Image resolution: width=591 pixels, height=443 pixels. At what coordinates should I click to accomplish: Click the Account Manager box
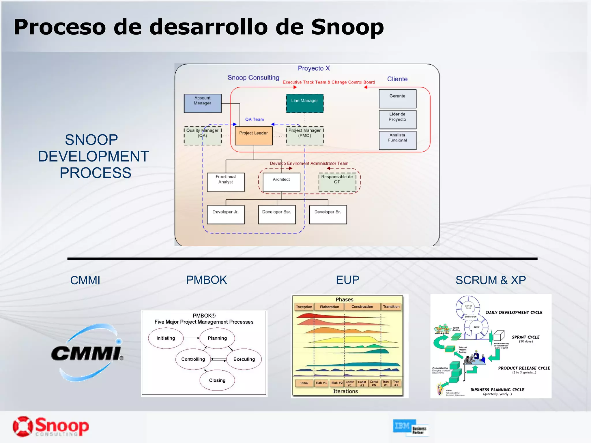coord(203,103)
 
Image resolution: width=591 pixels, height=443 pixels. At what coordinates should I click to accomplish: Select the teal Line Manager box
coord(305,103)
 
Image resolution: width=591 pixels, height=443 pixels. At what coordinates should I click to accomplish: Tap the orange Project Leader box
coord(254,136)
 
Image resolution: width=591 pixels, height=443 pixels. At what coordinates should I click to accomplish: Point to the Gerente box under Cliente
coord(397,99)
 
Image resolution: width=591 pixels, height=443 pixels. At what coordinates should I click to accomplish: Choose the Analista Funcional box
coord(397,140)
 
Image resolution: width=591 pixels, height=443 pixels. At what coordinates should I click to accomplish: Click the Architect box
coord(281,182)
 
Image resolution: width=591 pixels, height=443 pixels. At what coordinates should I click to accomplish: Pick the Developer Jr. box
coord(226,215)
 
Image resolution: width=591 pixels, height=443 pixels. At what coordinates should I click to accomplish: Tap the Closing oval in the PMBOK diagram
coord(217,380)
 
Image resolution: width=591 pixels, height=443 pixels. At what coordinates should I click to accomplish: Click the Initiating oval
coord(166,338)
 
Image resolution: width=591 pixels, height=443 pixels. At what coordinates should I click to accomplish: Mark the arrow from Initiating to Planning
coord(191,338)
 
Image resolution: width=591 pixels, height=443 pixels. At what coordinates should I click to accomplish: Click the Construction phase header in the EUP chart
coord(362,307)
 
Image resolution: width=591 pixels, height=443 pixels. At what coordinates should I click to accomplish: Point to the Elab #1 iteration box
coord(321,383)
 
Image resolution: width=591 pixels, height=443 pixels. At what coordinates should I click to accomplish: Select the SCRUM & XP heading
coord(491,280)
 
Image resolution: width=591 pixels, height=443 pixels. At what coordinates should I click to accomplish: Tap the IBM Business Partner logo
coord(410,428)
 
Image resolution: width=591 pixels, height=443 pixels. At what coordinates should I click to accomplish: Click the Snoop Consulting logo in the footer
coord(51,427)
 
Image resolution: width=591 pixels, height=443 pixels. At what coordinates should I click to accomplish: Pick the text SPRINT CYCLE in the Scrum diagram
coord(525,337)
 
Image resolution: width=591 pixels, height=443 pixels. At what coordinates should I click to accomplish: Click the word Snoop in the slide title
coord(347,27)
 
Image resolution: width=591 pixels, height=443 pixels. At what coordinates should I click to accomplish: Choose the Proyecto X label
coord(314,68)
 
